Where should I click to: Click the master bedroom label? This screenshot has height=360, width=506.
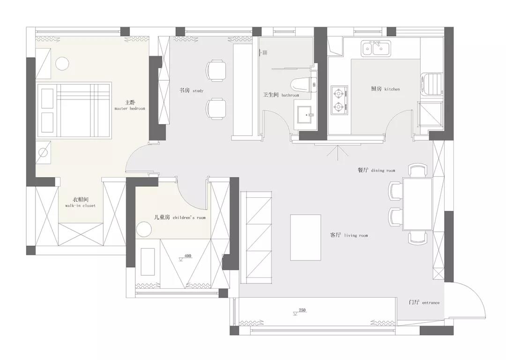(x=130, y=105)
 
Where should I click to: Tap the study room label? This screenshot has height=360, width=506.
(x=192, y=90)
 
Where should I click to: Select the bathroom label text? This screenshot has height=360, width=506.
(x=281, y=95)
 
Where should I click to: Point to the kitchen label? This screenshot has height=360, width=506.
(x=385, y=89)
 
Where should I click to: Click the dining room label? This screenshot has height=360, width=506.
(x=376, y=170)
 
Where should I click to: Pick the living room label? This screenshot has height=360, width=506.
(x=349, y=235)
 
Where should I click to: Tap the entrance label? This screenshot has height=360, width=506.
(x=424, y=302)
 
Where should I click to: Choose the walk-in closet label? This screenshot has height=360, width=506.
(x=81, y=202)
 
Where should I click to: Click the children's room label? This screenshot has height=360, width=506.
(x=180, y=217)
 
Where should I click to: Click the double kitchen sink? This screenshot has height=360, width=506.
(x=375, y=49)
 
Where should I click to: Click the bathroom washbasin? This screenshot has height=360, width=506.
(x=303, y=115)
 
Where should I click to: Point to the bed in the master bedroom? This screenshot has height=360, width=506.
(x=74, y=110)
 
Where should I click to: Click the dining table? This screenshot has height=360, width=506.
(x=417, y=204)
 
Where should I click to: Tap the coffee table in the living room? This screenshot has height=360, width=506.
(x=305, y=237)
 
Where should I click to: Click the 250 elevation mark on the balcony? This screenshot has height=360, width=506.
(x=300, y=311)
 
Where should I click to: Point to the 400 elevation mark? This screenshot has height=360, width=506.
(x=186, y=257)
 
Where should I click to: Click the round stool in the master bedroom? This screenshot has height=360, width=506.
(x=62, y=63)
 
